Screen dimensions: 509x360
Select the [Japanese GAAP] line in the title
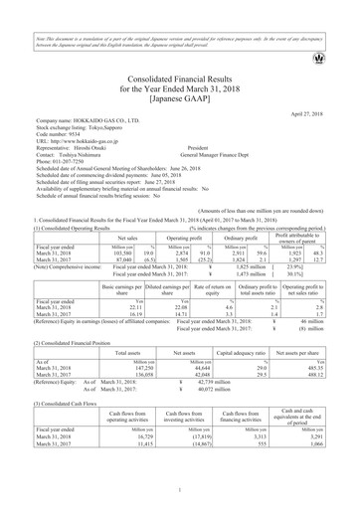click(180, 98)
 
